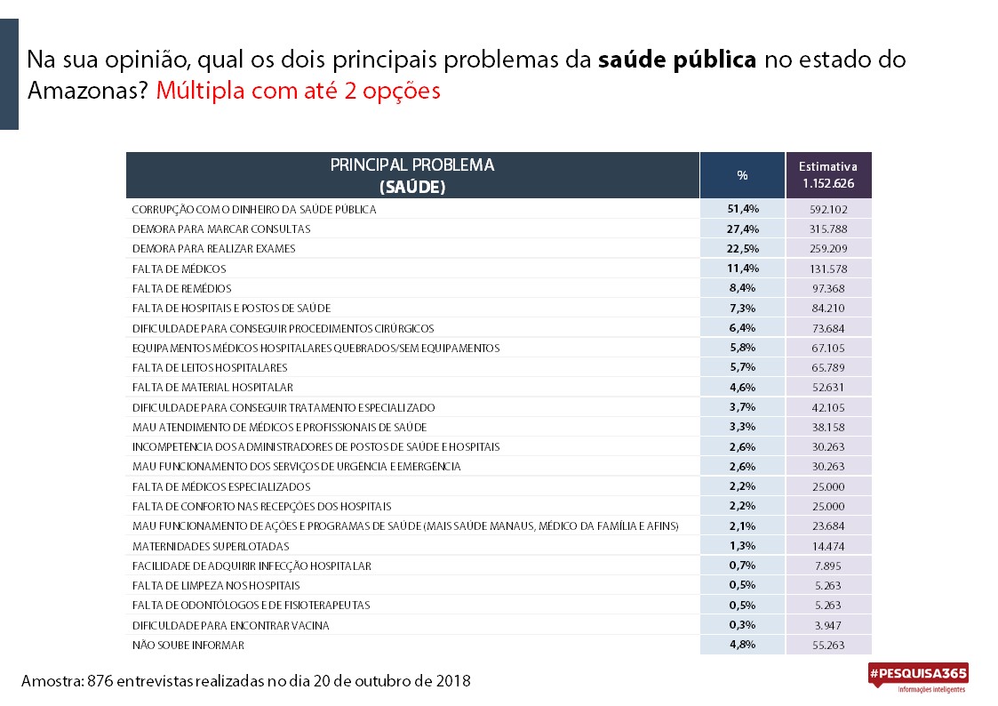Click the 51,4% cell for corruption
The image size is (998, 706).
(743, 209)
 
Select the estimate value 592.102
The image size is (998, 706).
(828, 210)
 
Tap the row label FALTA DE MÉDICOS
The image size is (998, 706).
(179, 269)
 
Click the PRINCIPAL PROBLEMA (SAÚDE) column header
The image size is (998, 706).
(412, 175)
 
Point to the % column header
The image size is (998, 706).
(742, 175)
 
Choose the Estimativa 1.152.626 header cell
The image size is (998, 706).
(828, 175)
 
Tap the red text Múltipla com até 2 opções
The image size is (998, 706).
(298, 91)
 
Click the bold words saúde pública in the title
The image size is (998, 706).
(677, 60)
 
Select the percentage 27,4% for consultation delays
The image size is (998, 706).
(743, 229)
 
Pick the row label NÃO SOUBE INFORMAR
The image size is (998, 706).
(188, 645)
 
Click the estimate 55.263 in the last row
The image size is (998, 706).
(828, 645)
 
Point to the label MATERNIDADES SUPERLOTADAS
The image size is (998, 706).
(211, 546)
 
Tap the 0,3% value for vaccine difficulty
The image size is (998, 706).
(742, 625)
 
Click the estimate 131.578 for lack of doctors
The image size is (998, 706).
(828, 269)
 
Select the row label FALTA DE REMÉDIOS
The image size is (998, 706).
(181, 288)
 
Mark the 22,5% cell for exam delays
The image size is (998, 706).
(743, 248)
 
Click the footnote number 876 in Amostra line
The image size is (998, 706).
(100, 680)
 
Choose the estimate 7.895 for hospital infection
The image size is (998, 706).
(828, 566)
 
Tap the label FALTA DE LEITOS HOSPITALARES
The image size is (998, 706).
(210, 367)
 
